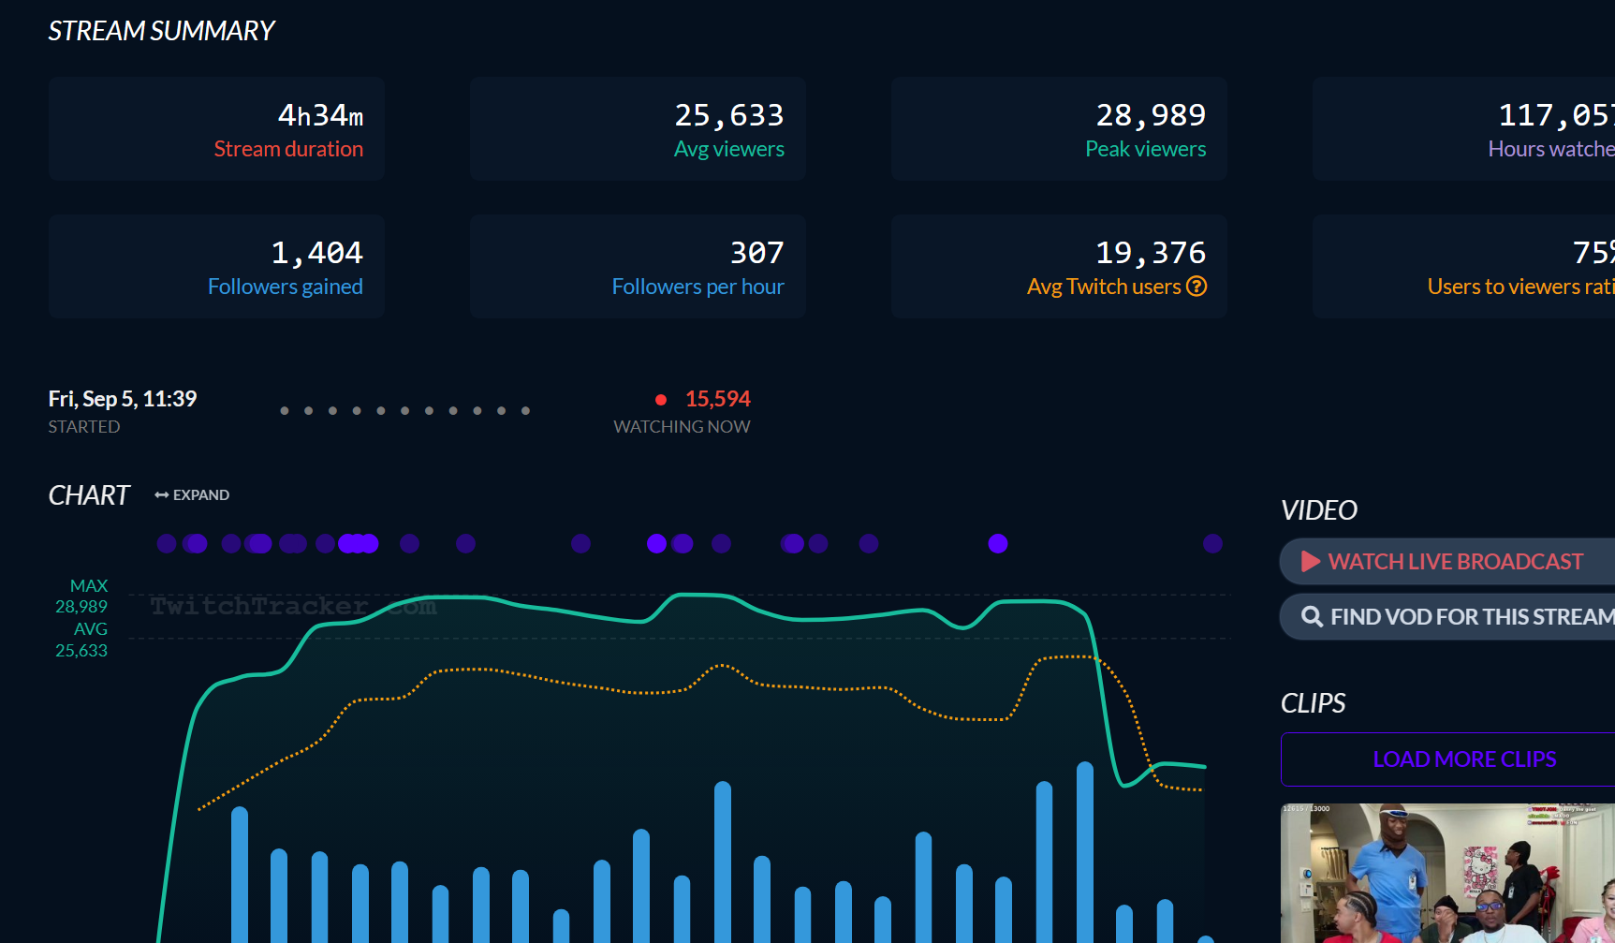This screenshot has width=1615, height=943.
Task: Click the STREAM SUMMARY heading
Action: tap(161, 31)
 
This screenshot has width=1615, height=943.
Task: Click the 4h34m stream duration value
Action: tap(320, 115)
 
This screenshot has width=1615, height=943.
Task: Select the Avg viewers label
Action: tap(728, 149)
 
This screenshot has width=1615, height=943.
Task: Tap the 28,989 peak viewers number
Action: tap(1151, 115)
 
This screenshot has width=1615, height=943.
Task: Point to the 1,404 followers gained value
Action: tap(316, 253)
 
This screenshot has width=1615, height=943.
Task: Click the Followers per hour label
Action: tap(697, 287)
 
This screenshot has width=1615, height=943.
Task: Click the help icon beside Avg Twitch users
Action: tap(1197, 287)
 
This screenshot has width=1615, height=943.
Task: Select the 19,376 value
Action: tap(1151, 253)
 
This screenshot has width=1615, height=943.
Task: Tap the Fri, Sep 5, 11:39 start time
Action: tap(123, 399)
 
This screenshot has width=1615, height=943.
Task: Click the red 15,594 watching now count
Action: tap(718, 399)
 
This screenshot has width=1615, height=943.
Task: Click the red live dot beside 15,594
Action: tap(661, 400)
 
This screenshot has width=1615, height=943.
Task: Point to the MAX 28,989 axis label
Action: tap(82, 597)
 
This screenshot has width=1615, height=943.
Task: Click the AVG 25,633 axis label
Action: tap(82, 640)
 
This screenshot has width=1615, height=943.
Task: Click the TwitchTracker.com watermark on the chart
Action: tap(292, 607)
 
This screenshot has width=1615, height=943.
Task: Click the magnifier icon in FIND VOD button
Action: tap(1312, 616)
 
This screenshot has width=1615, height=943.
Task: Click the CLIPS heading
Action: tap(1313, 703)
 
